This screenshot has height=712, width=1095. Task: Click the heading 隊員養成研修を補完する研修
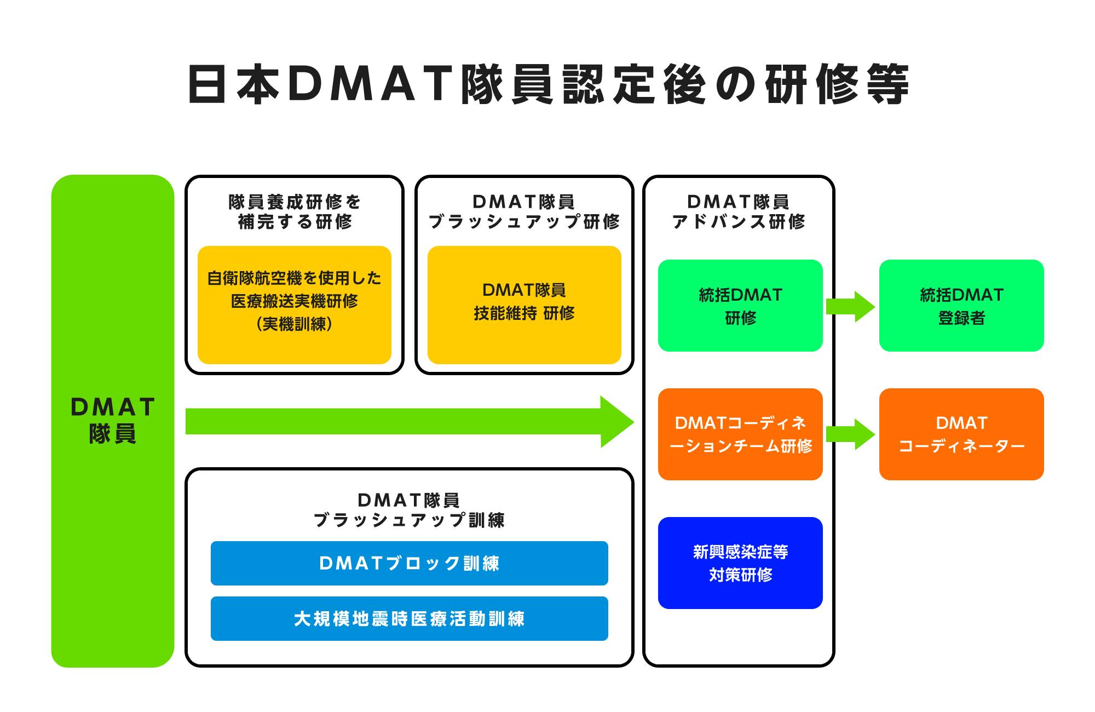(x=294, y=211)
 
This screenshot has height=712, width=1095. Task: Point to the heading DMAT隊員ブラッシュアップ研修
(x=524, y=211)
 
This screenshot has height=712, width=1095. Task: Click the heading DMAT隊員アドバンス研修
(x=739, y=211)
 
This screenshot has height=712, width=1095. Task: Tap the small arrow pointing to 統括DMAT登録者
(x=850, y=306)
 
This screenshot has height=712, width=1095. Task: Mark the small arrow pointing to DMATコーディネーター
(x=850, y=434)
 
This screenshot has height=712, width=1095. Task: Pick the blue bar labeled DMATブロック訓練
(x=409, y=563)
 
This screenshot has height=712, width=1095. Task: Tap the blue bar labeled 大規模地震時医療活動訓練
(x=409, y=618)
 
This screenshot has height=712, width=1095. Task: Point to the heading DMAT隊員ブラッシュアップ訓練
(x=409, y=510)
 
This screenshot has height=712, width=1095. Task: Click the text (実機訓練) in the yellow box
(x=294, y=324)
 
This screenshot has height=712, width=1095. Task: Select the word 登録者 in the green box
(x=961, y=318)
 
